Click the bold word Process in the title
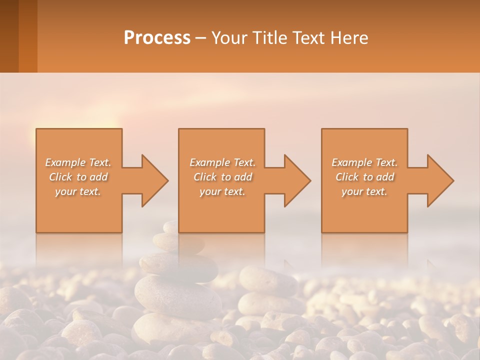[x=157, y=38]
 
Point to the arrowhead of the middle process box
[x=296, y=180]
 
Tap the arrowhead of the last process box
[x=439, y=180]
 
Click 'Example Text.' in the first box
[x=78, y=162]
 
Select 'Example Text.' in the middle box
[x=222, y=162]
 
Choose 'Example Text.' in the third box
[x=364, y=162]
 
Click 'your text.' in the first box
[x=78, y=191]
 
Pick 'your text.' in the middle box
[x=222, y=191]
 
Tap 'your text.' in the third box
[x=364, y=191]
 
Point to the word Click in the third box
[x=347, y=177]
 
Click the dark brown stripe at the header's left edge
[x=9, y=36]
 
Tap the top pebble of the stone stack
[x=171, y=227]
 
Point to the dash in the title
[x=200, y=38]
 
